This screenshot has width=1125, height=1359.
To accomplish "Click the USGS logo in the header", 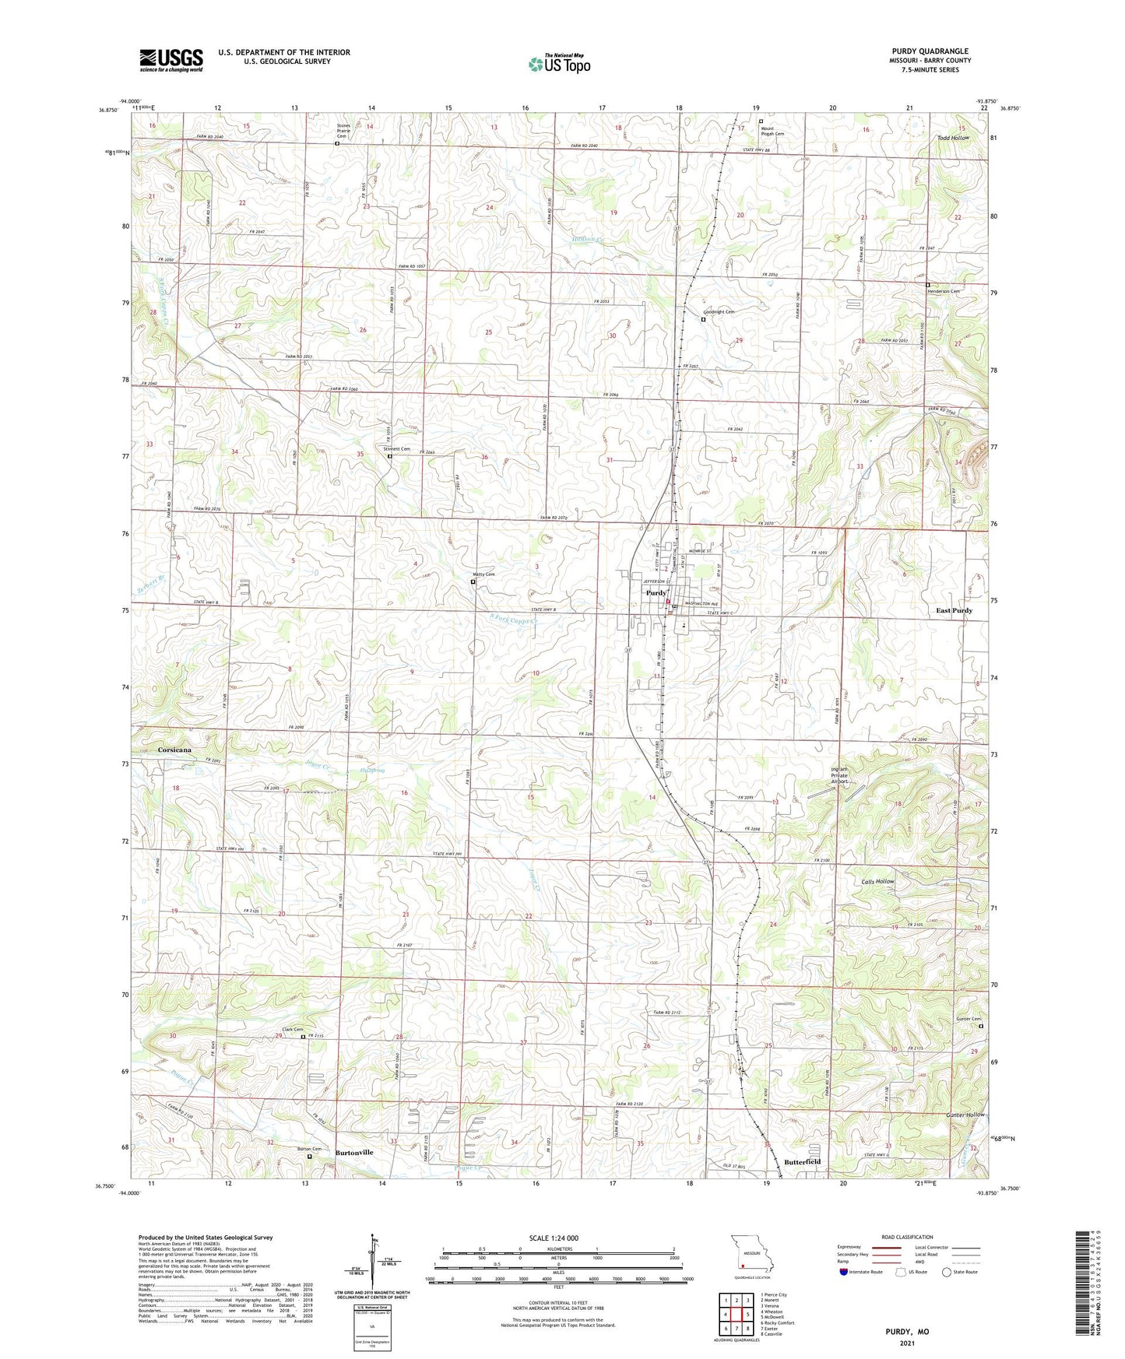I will coord(171,59).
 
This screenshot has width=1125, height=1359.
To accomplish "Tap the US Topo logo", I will coord(559,64).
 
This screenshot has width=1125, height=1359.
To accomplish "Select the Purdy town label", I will coord(655,593).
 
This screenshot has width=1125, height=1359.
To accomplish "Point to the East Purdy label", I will coord(954,611).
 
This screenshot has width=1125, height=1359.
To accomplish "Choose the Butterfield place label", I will coord(803,1162).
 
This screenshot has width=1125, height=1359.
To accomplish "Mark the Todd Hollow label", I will coord(953,138).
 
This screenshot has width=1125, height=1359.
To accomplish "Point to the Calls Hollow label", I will coord(878,882).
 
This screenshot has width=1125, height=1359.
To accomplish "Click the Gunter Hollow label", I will coord(965,1115).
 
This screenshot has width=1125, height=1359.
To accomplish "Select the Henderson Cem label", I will coord(943,291).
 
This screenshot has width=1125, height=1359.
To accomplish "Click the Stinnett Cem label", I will coord(396,449).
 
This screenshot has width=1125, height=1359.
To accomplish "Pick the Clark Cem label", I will coord(293,1030).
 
